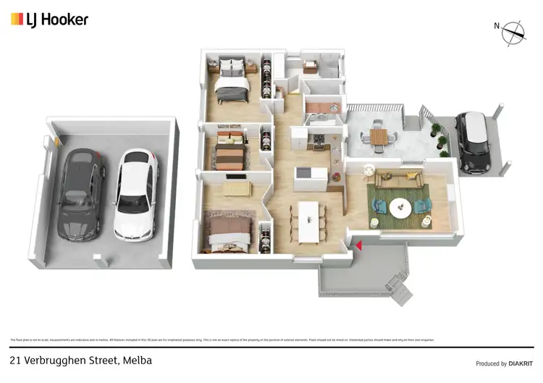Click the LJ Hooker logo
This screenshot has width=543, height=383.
coord(49,20)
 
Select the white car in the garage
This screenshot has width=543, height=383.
coord(135,195)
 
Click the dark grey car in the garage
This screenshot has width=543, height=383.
coord(81,195)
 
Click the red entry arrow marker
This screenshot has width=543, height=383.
coord(358,245)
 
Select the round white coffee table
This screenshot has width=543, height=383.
coord(400,208)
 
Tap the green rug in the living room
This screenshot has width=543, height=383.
coord(398,203)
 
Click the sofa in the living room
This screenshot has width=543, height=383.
coord(396,179)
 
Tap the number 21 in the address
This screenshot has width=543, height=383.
coord(15,360)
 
